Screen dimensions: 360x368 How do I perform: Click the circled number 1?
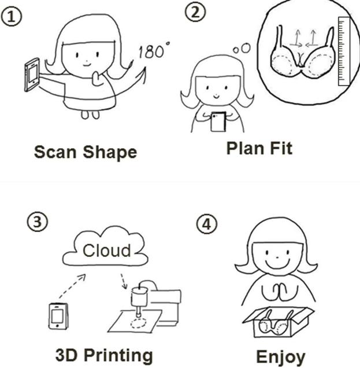[12, 17]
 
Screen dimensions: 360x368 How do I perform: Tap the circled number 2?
[195, 12]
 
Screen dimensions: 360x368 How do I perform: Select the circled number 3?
[38, 222]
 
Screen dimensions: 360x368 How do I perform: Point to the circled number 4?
[206, 224]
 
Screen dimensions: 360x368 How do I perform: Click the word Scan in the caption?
[55, 152]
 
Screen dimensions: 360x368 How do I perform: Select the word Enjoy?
[281, 358]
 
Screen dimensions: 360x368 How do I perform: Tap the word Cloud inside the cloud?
[107, 251]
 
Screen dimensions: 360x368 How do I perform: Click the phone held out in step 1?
[32, 75]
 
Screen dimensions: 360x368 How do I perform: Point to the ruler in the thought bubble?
[344, 51]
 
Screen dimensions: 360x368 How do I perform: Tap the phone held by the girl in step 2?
[218, 122]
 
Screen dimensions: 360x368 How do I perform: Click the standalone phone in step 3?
[58, 316]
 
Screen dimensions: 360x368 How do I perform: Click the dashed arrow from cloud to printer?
[124, 281]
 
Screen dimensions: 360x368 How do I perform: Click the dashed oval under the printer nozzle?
[138, 323]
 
